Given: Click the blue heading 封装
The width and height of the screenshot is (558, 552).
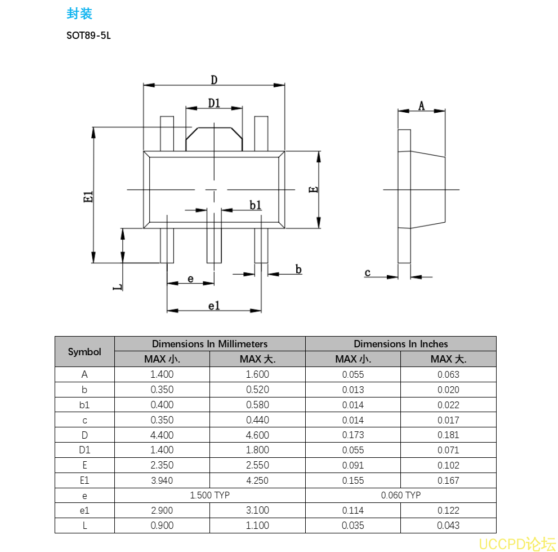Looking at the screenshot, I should point(79,14).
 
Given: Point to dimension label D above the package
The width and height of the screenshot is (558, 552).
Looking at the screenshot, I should point(214,80).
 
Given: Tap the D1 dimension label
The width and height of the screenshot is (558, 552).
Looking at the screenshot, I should point(214,103).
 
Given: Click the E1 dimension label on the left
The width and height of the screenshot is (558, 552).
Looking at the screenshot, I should point(88,197).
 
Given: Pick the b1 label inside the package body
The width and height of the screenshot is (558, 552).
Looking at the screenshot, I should point(256,205).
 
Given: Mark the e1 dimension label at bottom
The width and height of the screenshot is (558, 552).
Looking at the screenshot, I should point(214,306).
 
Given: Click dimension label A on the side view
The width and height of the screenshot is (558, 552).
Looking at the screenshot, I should point(421,105).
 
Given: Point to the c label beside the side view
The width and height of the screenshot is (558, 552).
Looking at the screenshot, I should point(368,273).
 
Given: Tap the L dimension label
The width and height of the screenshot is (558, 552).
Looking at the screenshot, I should point(118,287).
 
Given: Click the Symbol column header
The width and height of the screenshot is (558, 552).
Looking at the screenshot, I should point(84,352).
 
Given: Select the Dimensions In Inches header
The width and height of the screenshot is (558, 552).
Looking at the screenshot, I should point(401,344).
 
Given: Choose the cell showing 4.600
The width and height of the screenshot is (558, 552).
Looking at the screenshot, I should point(257,435).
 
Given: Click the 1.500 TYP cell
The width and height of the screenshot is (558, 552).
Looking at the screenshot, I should point(209,496).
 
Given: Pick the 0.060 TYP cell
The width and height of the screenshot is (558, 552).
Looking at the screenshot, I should point(401,496).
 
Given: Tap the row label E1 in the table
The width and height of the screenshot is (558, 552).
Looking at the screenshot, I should point(84,481).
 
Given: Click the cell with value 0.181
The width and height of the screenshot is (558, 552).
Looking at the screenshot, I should point(448,435).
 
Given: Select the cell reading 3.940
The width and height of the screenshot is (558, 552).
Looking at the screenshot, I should point(162,481).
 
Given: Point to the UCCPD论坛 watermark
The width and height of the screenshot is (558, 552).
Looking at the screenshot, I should point(517,544).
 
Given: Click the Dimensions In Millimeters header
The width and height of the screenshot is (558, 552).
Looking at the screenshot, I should point(209,344).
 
